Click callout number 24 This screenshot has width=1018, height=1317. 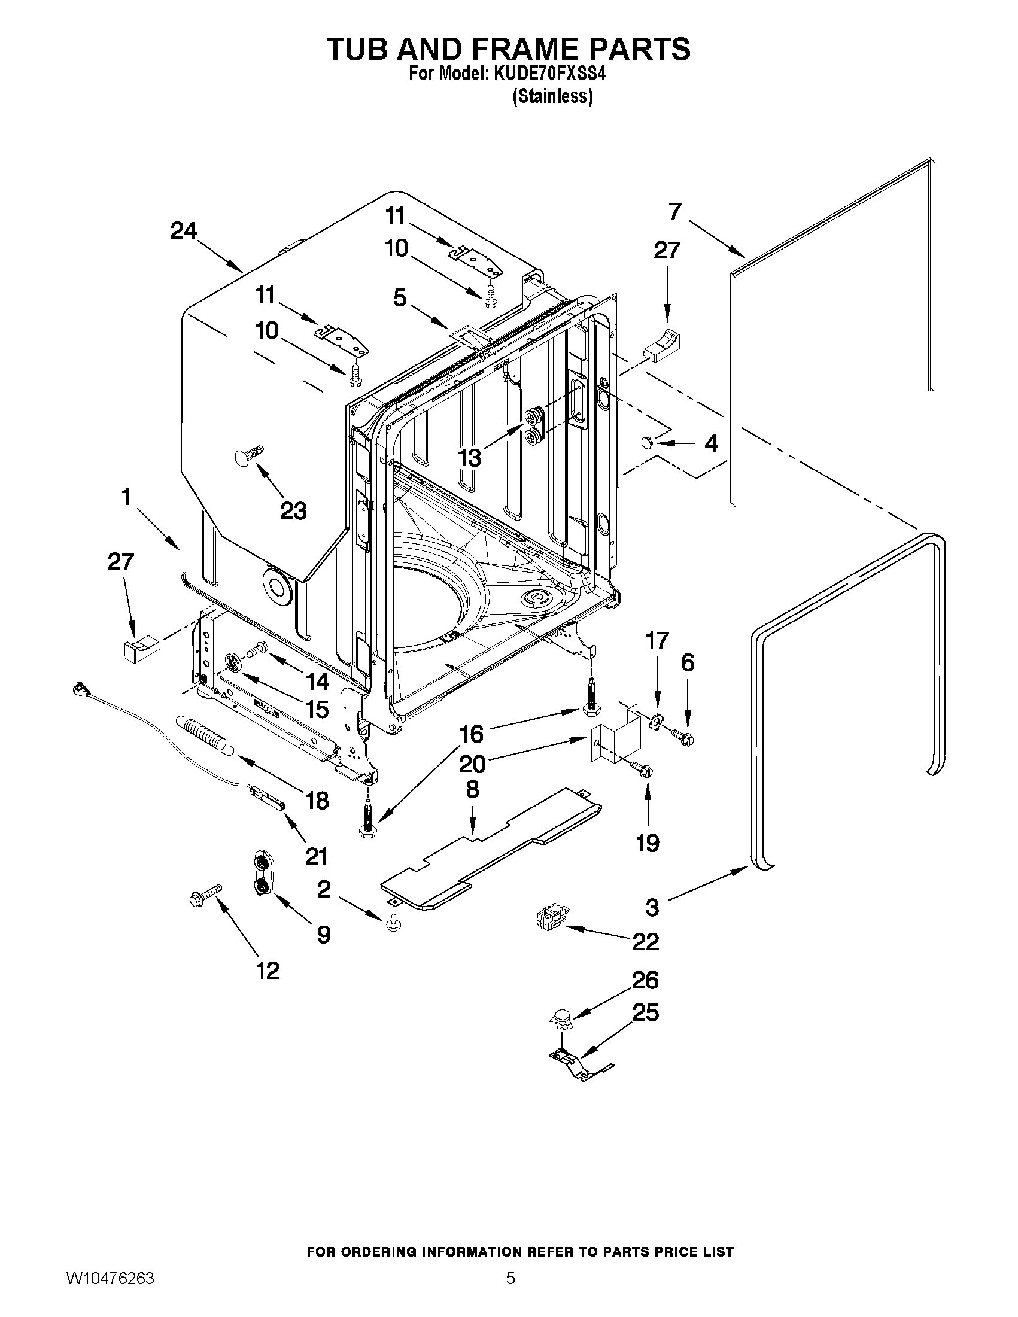click(183, 231)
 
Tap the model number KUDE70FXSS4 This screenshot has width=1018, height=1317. click(549, 74)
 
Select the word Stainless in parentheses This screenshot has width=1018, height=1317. click(552, 96)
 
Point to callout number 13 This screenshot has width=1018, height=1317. click(470, 458)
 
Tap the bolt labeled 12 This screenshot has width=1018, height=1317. click(205, 895)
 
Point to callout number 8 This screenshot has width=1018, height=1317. click(472, 789)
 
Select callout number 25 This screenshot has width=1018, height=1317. click(645, 1012)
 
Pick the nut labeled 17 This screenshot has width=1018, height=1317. click(655, 720)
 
